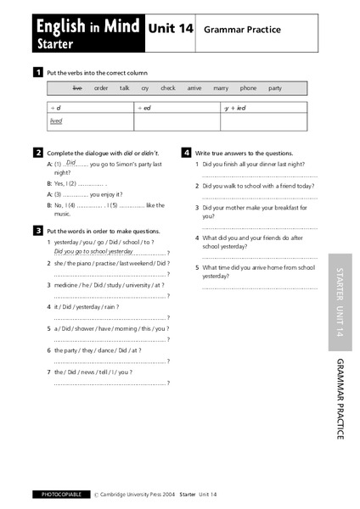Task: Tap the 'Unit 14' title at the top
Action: [172, 28]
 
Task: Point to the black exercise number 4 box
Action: [187, 153]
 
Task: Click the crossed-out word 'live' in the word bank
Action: [77, 87]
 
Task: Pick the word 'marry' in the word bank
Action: [220, 87]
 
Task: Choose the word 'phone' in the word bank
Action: [248, 87]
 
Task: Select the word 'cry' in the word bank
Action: [145, 87]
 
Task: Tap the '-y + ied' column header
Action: [234, 109]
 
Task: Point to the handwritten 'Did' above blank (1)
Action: [71, 161]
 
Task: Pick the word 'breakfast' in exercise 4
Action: [290, 207]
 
